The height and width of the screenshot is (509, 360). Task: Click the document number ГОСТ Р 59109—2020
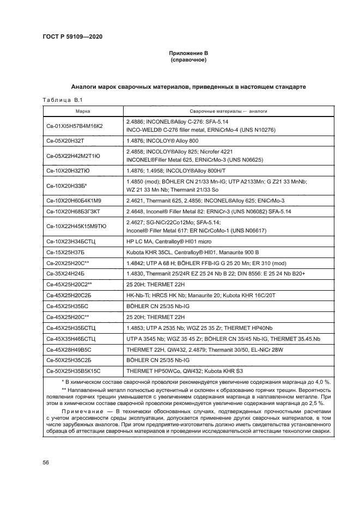[x=72, y=36]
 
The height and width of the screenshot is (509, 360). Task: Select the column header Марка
[x=83, y=111]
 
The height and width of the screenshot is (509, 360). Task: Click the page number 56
[x=46, y=462]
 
